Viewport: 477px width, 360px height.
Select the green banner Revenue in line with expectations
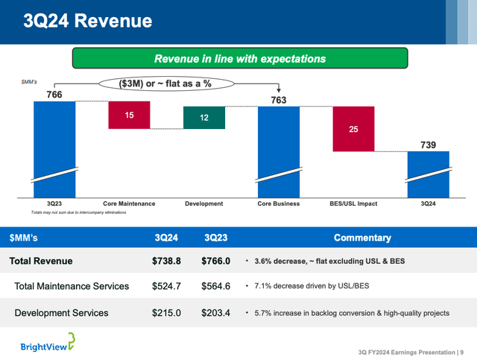tap(239, 58)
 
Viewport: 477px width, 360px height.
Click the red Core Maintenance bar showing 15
tap(129, 115)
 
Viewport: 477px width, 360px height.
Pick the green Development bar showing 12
tap(203, 118)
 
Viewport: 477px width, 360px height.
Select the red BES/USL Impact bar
tap(353, 129)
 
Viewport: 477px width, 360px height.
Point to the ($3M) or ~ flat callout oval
tap(165, 83)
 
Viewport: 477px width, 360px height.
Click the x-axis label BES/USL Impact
tap(353, 203)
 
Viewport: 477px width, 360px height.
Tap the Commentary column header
tap(362, 238)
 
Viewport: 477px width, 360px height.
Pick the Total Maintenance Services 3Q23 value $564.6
tap(217, 287)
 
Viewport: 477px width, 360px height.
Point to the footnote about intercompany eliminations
tap(78, 212)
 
